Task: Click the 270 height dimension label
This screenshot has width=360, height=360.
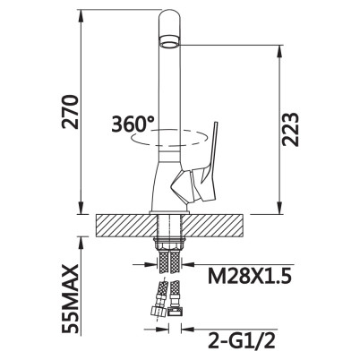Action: pos(70,112)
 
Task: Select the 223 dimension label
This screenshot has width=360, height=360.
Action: pos(290,129)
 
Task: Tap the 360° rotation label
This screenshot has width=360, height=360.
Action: pos(133,124)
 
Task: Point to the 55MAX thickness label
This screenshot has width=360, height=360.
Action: pos(71,299)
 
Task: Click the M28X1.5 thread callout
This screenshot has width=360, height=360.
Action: pos(250,277)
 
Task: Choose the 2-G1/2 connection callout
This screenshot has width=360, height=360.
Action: pos(241,339)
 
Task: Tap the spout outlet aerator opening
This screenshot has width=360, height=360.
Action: pos(169,42)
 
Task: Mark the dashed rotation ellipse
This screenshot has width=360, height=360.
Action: pos(169,138)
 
